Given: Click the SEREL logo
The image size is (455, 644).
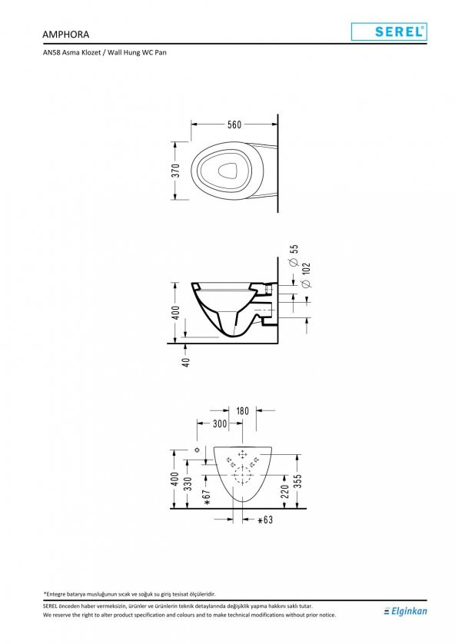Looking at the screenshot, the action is (x=389, y=32).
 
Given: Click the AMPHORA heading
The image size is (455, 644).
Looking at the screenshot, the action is (x=65, y=35).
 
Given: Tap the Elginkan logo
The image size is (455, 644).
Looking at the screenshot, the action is (x=405, y=611).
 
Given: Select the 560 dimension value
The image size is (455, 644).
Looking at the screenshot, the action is (x=234, y=124).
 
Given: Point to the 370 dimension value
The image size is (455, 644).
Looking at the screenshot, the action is (x=176, y=171).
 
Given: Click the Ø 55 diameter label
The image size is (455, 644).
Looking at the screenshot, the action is (x=294, y=256).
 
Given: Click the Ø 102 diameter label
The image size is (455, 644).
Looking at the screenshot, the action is (x=306, y=275).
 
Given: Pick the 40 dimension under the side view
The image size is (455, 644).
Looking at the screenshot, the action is (x=186, y=362).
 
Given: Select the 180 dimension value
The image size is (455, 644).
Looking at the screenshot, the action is (x=242, y=411).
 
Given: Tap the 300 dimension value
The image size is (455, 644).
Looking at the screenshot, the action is (x=220, y=424).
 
